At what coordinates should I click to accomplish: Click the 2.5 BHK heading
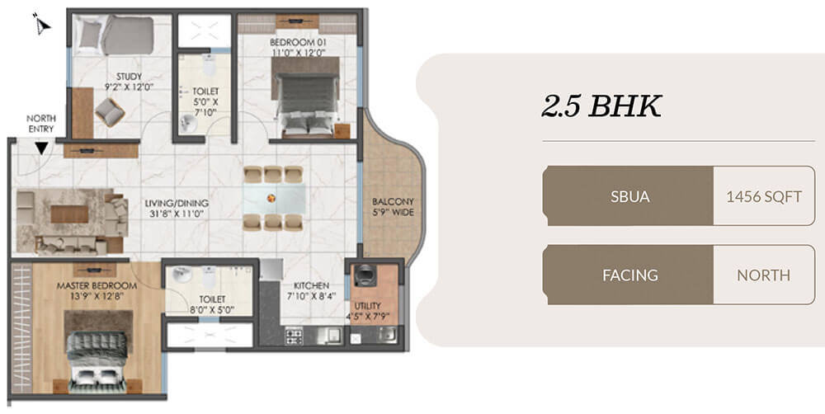601,107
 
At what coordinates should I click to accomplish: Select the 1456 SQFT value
764,196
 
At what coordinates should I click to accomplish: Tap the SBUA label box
628,196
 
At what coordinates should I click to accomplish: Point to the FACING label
628,275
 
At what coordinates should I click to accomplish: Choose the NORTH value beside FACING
764,275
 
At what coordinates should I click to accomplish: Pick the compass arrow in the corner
42,25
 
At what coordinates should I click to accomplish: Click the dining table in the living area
274,198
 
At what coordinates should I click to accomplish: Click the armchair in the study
110,111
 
